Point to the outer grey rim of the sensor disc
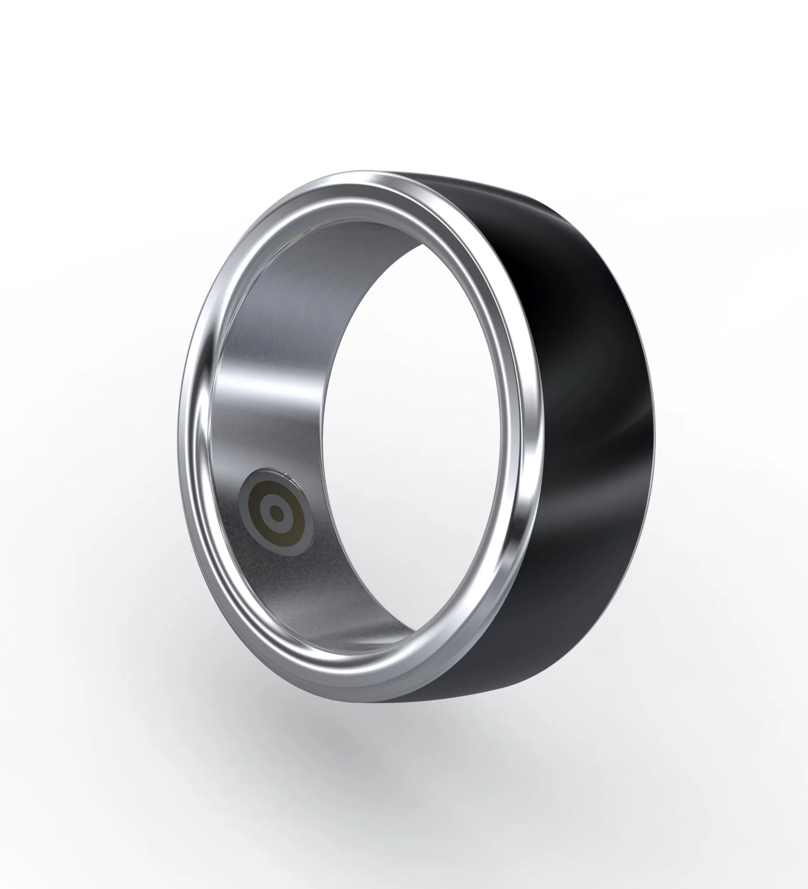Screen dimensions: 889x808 pyautogui.click(x=243, y=507)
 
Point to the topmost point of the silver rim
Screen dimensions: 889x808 pyautogui.click(x=352, y=173)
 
